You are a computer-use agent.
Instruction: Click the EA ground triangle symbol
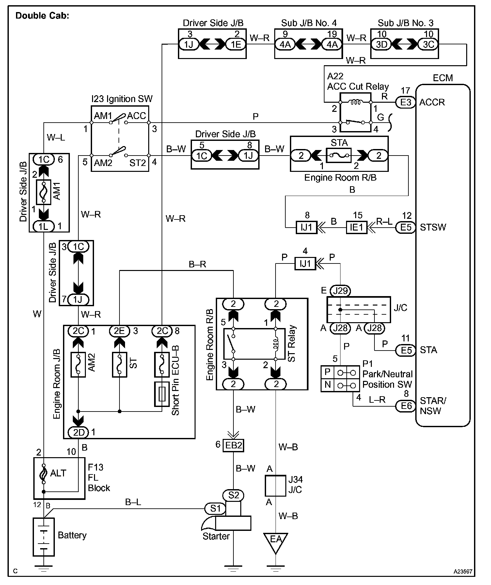276,542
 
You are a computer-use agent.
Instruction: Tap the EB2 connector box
233,445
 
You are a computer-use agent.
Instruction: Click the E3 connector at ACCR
406,102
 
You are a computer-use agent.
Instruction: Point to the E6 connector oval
406,406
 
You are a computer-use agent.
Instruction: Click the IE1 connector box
356,227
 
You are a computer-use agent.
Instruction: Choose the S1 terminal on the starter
215,508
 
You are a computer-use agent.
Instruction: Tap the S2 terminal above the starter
234,495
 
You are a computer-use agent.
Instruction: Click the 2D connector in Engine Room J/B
79,432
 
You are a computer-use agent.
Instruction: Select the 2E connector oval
119,331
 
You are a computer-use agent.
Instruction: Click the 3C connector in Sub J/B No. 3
428,44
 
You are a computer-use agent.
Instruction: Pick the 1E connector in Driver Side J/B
236,44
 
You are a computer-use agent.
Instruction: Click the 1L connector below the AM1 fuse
44,226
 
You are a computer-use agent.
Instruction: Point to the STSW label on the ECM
433,227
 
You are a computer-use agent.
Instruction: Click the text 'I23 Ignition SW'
122,99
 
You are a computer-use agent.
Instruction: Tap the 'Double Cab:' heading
42,16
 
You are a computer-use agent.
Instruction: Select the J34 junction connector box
276,486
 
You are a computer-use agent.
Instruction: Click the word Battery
72,535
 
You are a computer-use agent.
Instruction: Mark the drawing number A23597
463,571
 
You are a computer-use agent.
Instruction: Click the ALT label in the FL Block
58,473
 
